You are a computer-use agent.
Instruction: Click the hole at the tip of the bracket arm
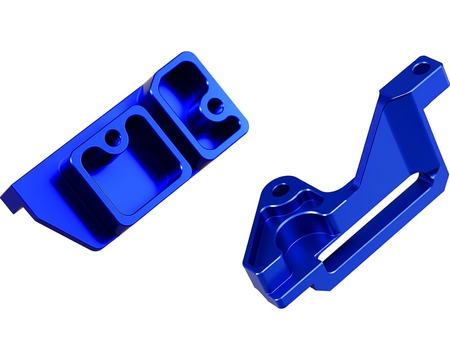420,70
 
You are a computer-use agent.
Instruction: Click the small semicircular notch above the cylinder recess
308,198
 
